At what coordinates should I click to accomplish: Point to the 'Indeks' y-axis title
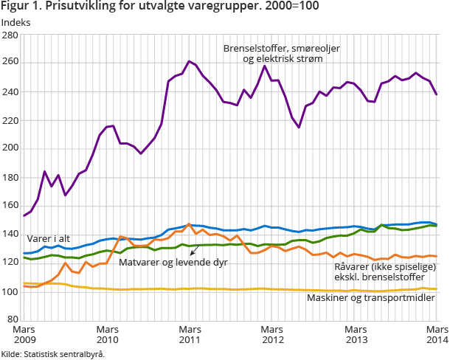coord(15,23)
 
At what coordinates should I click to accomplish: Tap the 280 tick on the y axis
coord(11,35)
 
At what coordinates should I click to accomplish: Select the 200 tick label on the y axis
coord(11,149)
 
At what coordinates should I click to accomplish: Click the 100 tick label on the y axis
coord(11,292)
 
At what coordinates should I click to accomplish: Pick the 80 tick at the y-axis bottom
coord(13,320)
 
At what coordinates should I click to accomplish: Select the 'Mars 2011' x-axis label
coord(190,334)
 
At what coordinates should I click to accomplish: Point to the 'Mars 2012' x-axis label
coord(272,334)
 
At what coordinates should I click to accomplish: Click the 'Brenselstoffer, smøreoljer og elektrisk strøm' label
coord(283,52)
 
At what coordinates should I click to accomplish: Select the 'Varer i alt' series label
coord(49,239)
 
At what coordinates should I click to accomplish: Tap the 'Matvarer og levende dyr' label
coord(173,262)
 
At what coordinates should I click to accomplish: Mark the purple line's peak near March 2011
coord(190,61)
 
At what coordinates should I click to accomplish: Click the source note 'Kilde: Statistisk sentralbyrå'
coord(52,354)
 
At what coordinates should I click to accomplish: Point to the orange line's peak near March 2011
coord(189,224)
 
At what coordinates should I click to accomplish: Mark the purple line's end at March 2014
coord(437,94)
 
